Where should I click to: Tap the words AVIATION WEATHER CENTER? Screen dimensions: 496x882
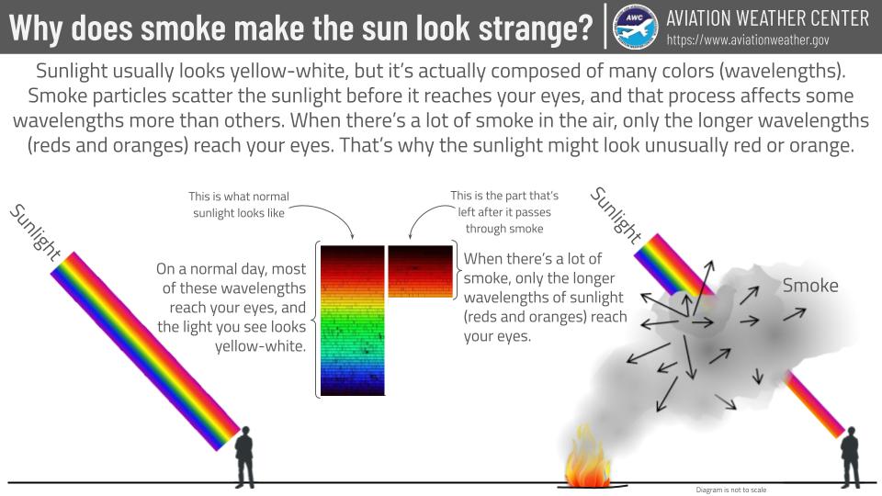pos(767,17)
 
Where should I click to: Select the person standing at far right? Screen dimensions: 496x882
pos(850,457)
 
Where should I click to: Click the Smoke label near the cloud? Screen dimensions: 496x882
pos(810,286)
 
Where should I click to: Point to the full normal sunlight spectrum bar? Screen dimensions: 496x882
pos(352,320)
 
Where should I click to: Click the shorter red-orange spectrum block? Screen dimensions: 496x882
pos(421,271)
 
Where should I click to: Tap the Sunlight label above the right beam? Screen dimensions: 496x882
pos(615,215)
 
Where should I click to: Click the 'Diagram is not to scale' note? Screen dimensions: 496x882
pos(731,490)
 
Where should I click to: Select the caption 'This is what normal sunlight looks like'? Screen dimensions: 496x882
pos(238,205)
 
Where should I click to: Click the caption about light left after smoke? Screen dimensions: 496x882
pos(503,212)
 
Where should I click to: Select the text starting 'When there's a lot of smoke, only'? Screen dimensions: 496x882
pos(546,298)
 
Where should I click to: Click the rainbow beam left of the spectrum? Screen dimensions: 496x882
pos(147,349)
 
